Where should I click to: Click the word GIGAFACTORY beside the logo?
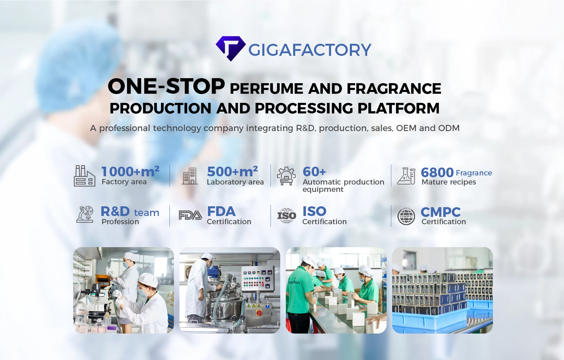[310, 50]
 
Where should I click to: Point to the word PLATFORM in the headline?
[399, 108]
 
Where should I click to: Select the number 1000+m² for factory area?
[130, 171]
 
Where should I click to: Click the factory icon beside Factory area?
[84, 176]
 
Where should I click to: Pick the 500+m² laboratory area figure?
[232, 171]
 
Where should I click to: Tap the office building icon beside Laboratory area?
[189, 176]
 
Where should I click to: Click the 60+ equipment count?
[314, 172]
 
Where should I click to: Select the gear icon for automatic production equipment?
[286, 176]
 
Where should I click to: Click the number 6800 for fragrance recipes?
[437, 173]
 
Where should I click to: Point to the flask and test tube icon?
[406, 176]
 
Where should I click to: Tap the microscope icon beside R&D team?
[85, 214]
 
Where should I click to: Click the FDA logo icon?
[190, 215]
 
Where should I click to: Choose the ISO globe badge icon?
[287, 216]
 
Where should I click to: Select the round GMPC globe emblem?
[406, 216]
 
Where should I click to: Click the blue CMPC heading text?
[441, 212]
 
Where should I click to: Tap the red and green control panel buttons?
[254, 281]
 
